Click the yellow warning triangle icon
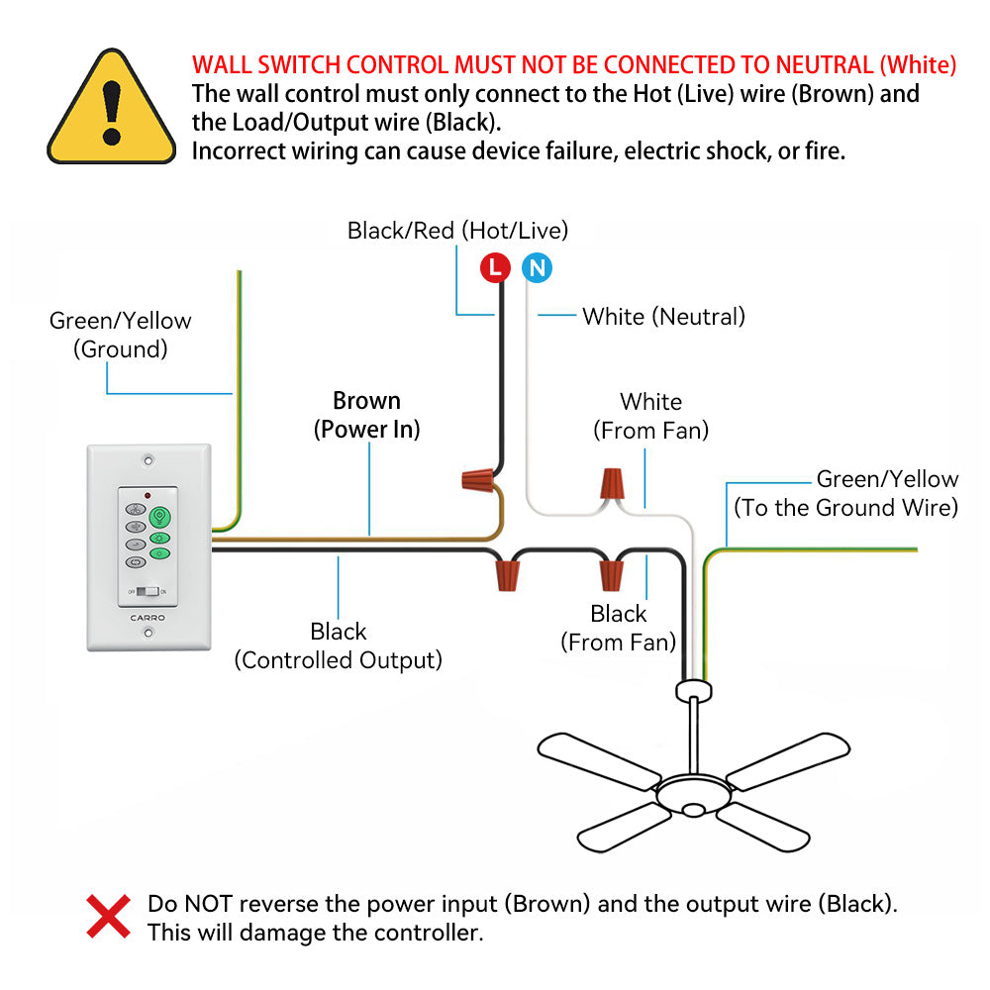pyautogui.click(x=111, y=111)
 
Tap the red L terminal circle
pyautogui.click(x=495, y=267)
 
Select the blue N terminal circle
pyautogui.click(x=537, y=267)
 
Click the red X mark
pyautogui.click(x=109, y=916)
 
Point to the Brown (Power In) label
pyautogui.click(x=367, y=415)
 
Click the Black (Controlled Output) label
pyautogui.click(x=338, y=645)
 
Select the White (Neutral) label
pyautogui.click(x=663, y=317)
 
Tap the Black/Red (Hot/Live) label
pyautogui.click(x=457, y=231)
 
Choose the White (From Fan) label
pyautogui.click(x=650, y=416)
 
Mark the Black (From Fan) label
pyautogui.click(x=618, y=628)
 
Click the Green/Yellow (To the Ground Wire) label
pyautogui.click(x=845, y=493)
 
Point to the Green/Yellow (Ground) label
pyautogui.click(x=120, y=335)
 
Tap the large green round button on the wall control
pyautogui.click(x=159, y=517)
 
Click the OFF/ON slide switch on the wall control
pyautogui.click(x=148, y=591)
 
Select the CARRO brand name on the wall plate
pyautogui.click(x=148, y=618)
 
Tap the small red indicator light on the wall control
pyautogui.click(x=148, y=494)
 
